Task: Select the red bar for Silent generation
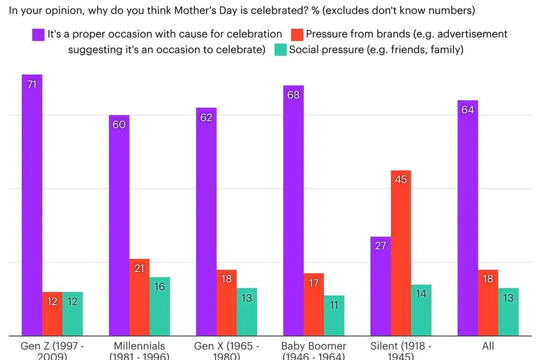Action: [x=400, y=253]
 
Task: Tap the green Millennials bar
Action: [x=160, y=307]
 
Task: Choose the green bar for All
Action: [x=508, y=312]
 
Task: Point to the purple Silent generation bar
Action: [x=380, y=287]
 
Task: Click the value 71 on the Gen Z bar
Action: [x=32, y=84]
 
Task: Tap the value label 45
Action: [x=400, y=180]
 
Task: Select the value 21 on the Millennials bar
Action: [x=139, y=268]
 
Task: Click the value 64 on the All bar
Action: [x=468, y=110]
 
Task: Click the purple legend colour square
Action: [x=38, y=34]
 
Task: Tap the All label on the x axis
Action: [x=488, y=346]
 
